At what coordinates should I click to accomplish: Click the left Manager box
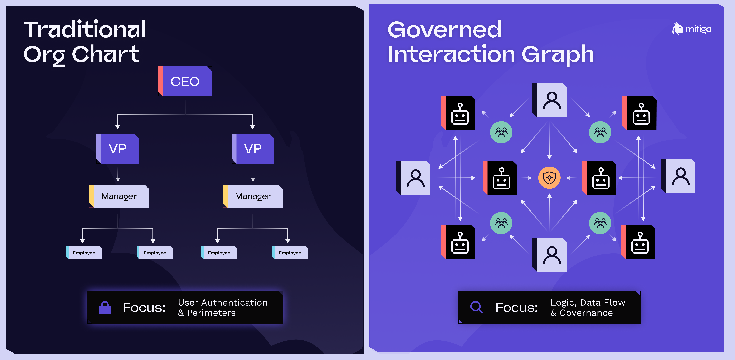[119, 196]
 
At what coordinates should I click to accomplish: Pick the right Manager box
[253, 196]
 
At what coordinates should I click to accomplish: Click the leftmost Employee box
[84, 253]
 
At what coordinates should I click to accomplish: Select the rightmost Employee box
[290, 253]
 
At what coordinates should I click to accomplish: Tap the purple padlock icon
[105, 308]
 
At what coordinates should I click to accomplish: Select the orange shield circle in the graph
[549, 178]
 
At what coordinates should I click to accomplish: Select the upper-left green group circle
[501, 132]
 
